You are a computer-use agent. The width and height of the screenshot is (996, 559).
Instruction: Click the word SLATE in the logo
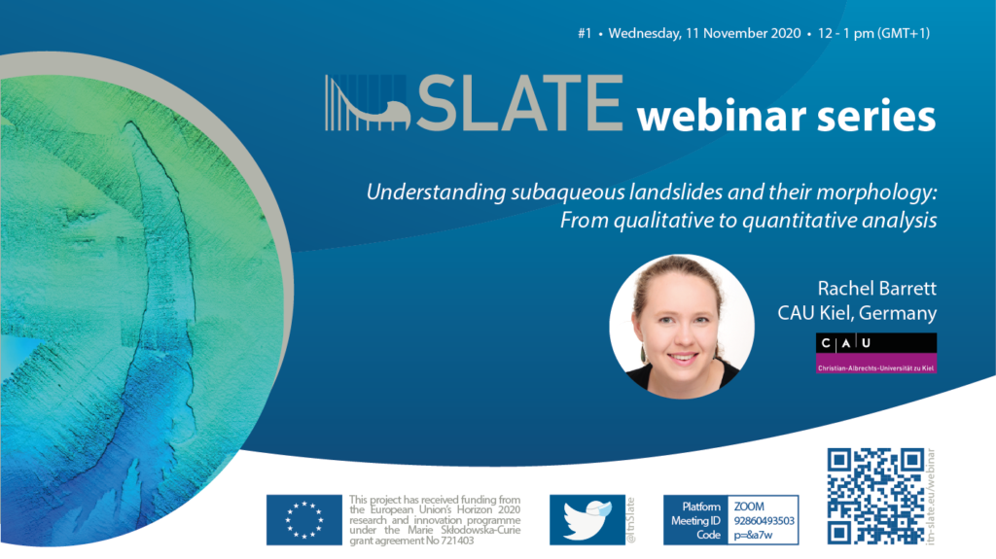pyautogui.click(x=519, y=103)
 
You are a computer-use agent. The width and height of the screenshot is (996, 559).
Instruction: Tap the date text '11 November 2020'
pyautogui.click(x=743, y=33)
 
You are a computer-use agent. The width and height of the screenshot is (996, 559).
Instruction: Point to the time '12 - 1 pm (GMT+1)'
pyautogui.click(x=874, y=33)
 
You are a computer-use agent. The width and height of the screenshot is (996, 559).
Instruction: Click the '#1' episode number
pyautogui.click(x=585, y=33)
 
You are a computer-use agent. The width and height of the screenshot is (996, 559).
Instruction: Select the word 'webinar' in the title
pyautogui.click(x=722, y=117)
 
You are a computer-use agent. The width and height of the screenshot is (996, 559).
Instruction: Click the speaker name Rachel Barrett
pyautogui.click(x=876, y=289)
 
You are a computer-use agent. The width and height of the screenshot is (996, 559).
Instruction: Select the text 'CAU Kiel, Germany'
pyautogui.click(x=857, y=313)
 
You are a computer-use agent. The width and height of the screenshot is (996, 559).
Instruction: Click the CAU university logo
pyautogui.click(x=876, y=353)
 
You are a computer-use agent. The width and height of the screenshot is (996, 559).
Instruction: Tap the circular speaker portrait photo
pyautogui.click(x=682, y=327)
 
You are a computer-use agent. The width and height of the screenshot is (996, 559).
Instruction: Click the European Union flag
pyautogui.click(x=304, y=519)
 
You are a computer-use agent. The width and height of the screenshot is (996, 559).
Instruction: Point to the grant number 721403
pyautogui.click(x=456, y=541)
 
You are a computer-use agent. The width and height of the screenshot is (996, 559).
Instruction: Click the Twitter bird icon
pyautogui.click(x=587, y=519)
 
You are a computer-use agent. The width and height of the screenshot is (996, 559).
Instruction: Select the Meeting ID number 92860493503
pyautogui.click(x=765, y=521)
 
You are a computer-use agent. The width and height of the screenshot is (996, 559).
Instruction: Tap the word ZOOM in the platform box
pyautogui.click(x=749, y=507)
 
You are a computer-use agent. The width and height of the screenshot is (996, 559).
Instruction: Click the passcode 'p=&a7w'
pyautogui.click(x=753, y=535)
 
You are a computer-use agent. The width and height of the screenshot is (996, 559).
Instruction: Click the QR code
pyautogui.click(x=876, y=497)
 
